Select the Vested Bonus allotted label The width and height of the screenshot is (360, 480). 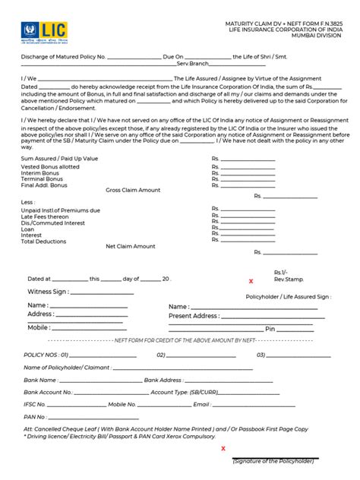click(50, 167)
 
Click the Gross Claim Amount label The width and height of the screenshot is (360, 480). click(133, 190)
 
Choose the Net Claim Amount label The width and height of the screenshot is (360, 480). click(131, 246)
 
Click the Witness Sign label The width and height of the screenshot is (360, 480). click(49, 291)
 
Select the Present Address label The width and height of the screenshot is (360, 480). click(194, 316)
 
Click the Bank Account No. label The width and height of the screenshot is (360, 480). click(49, 393)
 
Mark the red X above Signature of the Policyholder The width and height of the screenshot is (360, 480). click(223, 448)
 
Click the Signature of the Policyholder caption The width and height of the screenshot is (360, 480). click(273, 461)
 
